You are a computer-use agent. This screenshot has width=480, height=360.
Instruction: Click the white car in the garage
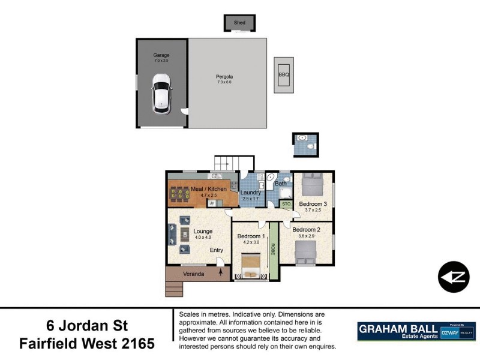click(161, 93)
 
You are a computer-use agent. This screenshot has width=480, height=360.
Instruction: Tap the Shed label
click(239, 23)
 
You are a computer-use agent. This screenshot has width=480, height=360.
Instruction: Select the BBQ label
click(283, 75)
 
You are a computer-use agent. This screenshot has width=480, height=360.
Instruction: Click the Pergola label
click(224, 76)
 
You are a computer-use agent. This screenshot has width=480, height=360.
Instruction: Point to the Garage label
click(161, 55)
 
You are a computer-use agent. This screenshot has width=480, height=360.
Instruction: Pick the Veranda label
click(194, 274)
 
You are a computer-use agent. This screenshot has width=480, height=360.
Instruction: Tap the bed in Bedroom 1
click(250, 266)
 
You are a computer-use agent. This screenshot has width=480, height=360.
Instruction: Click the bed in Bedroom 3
click(313, 184)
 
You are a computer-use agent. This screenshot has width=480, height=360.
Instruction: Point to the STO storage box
click(286, 205)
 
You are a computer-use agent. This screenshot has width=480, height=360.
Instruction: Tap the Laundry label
click(250, 193)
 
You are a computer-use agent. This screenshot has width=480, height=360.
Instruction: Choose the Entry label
click(216, 250)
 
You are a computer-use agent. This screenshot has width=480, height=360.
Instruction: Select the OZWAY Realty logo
click(460, 331)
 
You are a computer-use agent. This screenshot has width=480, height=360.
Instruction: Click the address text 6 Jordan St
click(87, 326)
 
